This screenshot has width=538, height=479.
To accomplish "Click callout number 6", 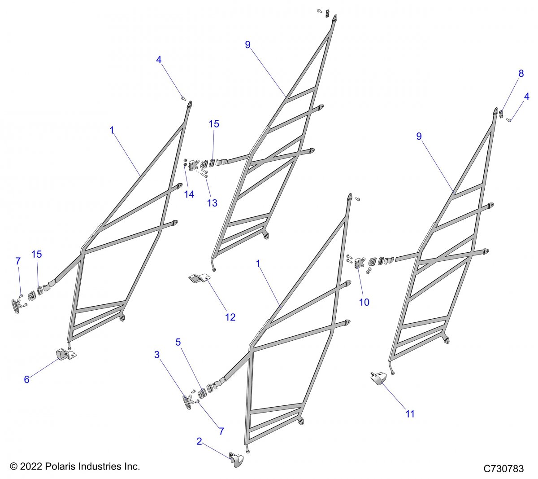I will tap(27, 379).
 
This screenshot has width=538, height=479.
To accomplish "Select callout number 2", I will tap(199, 441).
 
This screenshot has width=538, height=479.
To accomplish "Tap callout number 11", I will tap(410, 414).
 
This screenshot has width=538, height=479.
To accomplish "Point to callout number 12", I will tap(230, 317).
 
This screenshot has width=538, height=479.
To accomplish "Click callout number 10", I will tap(364, 302).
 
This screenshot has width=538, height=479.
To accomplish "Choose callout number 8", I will tap(521, 74).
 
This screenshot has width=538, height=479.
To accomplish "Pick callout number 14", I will tap(189, 194).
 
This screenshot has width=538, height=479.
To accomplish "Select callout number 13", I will tap(212, 203).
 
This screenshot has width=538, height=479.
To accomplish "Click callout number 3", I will tap(157, 355).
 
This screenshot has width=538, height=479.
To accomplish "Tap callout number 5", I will tap(178, 342).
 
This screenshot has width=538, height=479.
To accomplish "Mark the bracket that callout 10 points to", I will tap(359, 264).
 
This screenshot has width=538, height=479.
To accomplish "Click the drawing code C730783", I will tap(503, 469).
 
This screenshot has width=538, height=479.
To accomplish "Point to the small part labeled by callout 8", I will tap(502, 114).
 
